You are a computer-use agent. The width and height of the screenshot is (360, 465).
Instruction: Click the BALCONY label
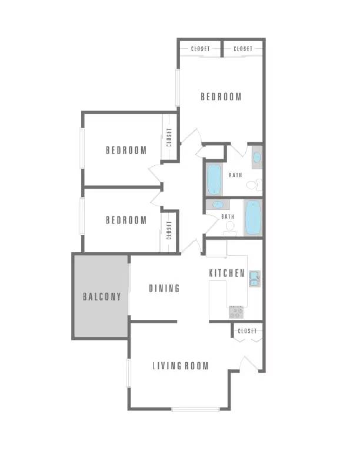pyautogui.click(x=102, y=296)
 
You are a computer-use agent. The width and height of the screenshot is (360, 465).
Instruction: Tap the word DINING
pyautogui.click(x=164, y=288)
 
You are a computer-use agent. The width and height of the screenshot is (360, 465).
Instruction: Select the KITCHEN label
pyautogui.click(x=226, y=273)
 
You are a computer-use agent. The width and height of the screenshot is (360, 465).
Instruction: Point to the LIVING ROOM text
pyautogui.click(x=181, y=366)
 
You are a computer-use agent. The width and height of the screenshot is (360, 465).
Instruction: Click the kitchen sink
pyautogui.click(x=254, y=279)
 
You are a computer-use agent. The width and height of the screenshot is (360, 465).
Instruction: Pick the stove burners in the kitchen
pyautogui.click(x=236, y=312)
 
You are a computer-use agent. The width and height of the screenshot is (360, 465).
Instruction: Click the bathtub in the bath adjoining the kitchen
pyautogui.click(x=253, y=218)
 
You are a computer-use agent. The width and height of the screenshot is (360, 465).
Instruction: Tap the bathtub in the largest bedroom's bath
pyautogui.click(x=214, y=179)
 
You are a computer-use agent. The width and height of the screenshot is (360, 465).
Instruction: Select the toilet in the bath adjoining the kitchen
pyautogui.click(x=230, y=228)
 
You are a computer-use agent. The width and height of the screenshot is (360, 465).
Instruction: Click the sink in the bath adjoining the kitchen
pyautogui.click(x=218, y=205)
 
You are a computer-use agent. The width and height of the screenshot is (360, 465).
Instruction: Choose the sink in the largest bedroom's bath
pyautogui.click(x=256, y=157)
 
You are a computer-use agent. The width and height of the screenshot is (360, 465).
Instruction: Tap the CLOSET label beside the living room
pyautogui.click(x=247, y=330)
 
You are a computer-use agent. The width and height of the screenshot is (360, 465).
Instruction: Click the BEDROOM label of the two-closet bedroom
pyautogui.click(x=221, y=96)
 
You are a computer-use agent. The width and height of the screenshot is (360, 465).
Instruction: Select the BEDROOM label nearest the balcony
pyautogui.click(x=126, y=220)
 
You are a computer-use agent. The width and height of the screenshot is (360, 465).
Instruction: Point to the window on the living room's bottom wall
pyautogui.click(x=195, y=410)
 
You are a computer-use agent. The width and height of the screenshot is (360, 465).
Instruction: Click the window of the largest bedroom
pyautogui.click(x=178, y=88)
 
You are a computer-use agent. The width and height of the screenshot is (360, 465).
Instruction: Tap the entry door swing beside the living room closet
pyautogui.click(x=249, y=363)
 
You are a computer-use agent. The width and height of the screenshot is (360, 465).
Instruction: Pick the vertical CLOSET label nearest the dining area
pyautogui.click(x=169, y=230)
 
